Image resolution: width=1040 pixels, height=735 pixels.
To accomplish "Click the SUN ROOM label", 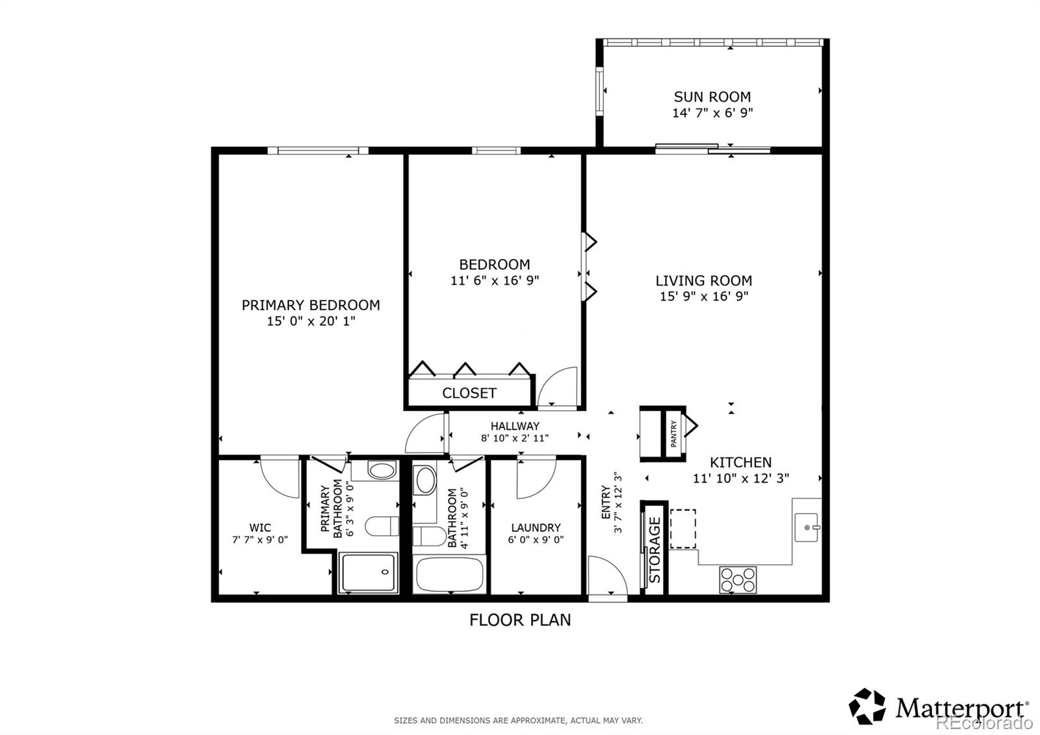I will coord(712,97).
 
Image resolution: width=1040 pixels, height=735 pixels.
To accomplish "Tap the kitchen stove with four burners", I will coord(738,580).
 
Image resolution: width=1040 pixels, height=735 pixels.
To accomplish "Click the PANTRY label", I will coord(674,433).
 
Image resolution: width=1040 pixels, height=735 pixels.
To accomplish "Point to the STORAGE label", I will coord(655,550).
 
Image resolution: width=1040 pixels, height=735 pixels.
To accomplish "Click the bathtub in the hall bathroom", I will coord(449,574).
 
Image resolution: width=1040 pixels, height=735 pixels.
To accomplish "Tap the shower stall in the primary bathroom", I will coord(369,572).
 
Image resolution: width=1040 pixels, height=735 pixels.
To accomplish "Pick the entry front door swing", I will coord(606,576).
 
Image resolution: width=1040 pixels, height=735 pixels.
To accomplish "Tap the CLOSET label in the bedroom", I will coord(469,393).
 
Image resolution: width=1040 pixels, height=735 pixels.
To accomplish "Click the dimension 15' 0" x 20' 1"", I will coord(311,321).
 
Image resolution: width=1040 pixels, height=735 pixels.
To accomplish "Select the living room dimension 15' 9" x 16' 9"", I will coord(703,297).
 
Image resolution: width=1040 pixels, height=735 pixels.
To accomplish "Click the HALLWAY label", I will coord(515,426).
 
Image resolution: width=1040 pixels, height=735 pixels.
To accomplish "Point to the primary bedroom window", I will coord(318,150).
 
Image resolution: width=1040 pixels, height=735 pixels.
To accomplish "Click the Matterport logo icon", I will coord(867,706).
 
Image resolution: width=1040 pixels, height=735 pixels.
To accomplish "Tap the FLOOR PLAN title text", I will coord(520,620).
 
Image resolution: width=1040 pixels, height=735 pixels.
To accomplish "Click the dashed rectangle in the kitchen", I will coord(682,529).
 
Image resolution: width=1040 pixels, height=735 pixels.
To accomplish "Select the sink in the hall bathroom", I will coord(426,480).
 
